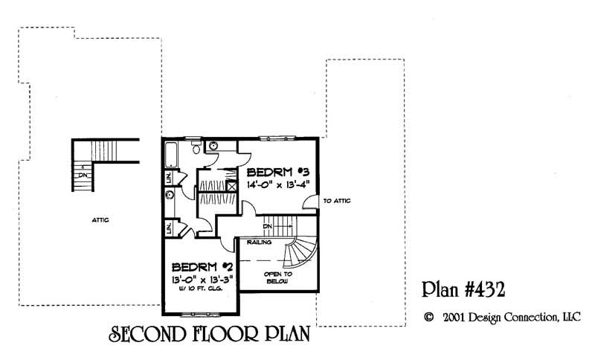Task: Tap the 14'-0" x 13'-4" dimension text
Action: tap(277, 184)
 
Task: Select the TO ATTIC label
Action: tap(337, 201)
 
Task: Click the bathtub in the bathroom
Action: tap(170, 155)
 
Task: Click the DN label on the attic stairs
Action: tap(83, 176)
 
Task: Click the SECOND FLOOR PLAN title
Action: tap(209, 334)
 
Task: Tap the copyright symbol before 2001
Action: tap(428, 317)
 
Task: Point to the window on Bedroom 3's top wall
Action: tap(277, 138)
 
